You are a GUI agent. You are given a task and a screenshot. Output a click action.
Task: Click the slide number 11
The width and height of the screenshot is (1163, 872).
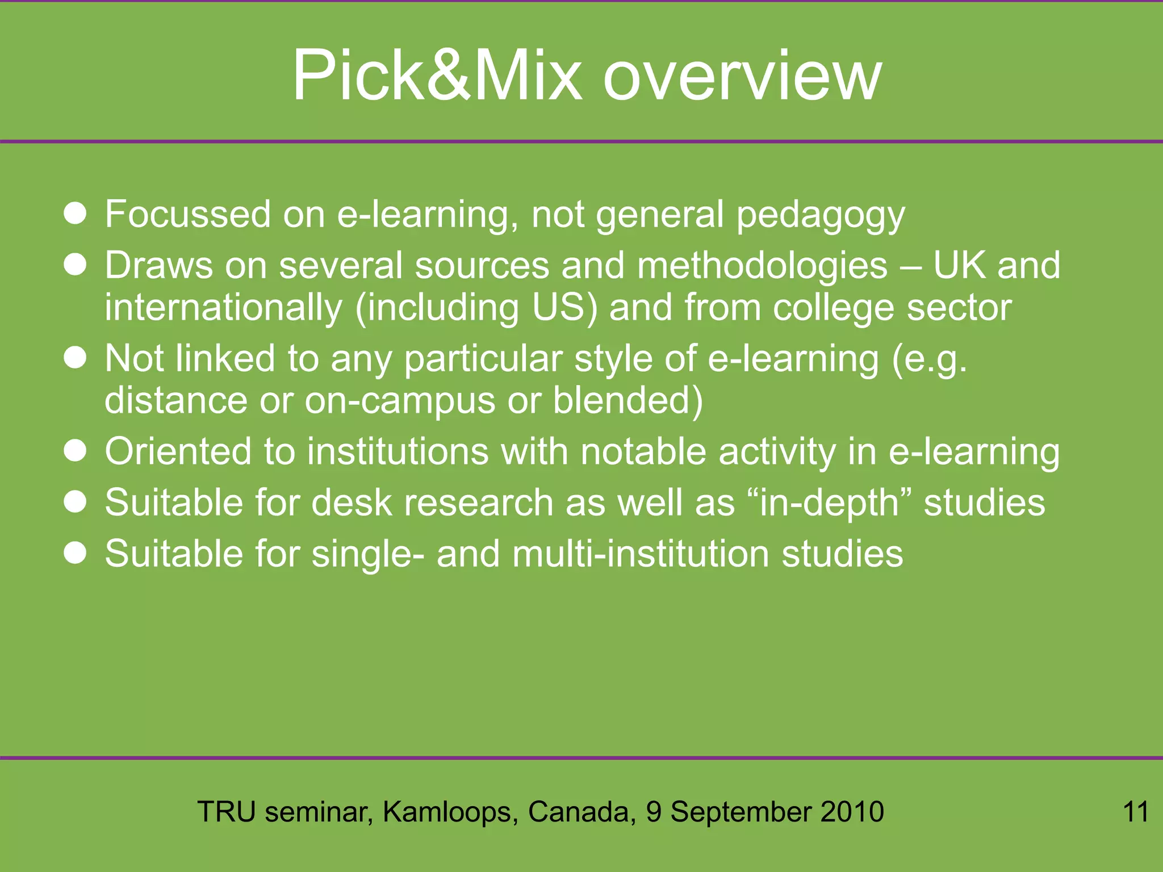1136,812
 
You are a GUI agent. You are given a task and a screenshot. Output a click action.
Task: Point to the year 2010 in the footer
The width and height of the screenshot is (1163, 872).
852,812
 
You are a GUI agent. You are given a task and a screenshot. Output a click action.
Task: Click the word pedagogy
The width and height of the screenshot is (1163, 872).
820,216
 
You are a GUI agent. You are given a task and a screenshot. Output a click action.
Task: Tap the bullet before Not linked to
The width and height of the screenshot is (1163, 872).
75,358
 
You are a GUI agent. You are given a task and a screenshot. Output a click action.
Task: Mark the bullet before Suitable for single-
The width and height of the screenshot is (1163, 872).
75,554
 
